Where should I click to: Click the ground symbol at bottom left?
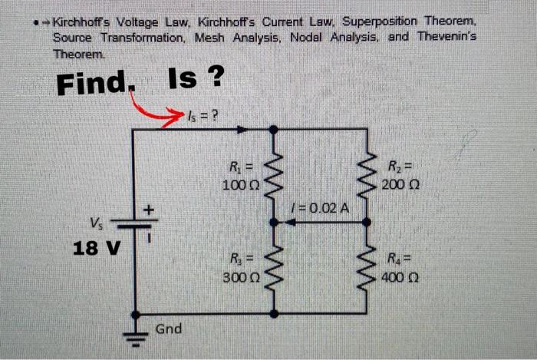(136, 335)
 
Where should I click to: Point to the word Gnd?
(168, 329)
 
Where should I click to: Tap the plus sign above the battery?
(150, 209)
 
